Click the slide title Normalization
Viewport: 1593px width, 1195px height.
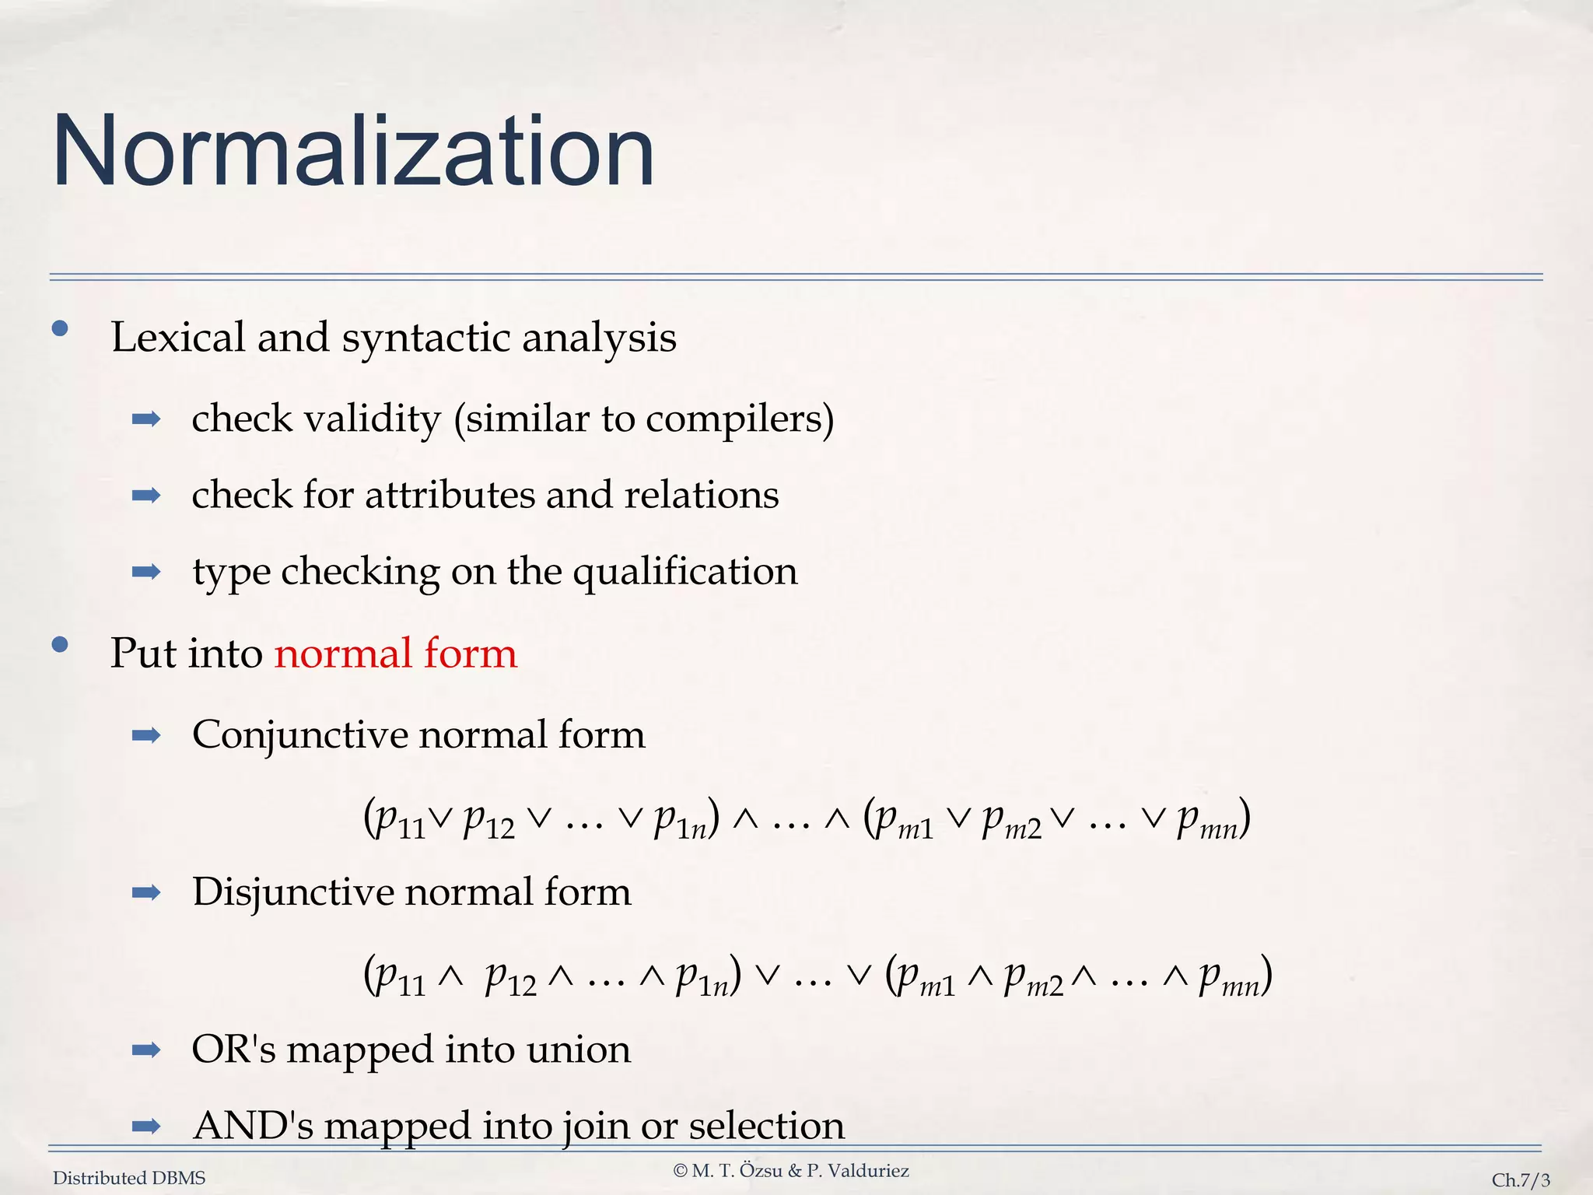pyautogui.click(x=353, y=151)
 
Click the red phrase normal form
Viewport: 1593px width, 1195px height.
pyautogui.click(x=395, y=653)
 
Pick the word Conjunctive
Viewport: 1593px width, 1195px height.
pyautogui.click(x=299, y=734)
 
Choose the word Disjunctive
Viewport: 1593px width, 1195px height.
pyautogui.click(x=293, y=892)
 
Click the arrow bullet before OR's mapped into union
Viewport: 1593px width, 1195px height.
pyautogui.click(x=146, y=1051)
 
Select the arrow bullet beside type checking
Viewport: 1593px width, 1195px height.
pyautogui.click(x=146, y=573)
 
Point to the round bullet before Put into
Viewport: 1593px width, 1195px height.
pyautogui.click(x=60, y=645)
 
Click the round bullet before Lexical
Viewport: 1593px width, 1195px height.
pyautogui.click(x=60, y=329)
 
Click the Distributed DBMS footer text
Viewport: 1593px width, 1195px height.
pyautogui.click(x=129, y=1179)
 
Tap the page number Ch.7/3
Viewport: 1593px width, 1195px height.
pyautogui.click(x=1521, y=1180)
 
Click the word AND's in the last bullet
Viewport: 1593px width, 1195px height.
pyautogui.click(x=253, y=1126)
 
